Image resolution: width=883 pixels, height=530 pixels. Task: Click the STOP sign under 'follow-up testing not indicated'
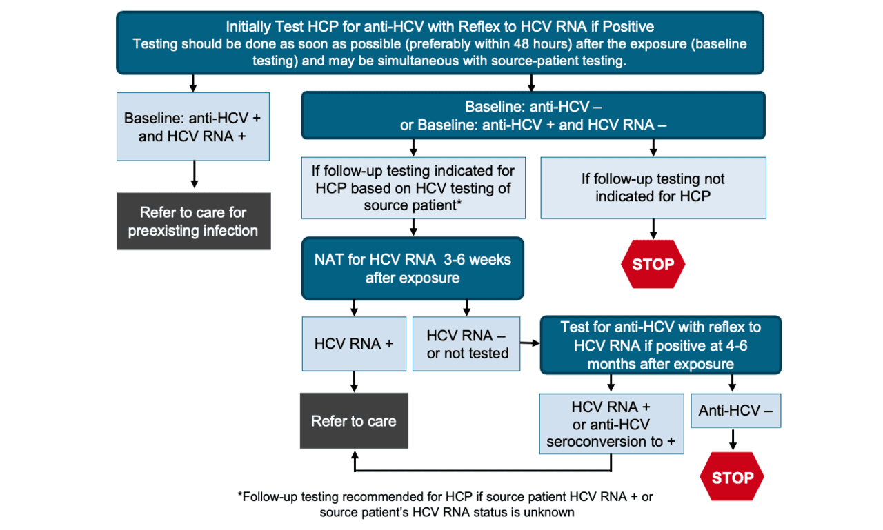tap(653, 264)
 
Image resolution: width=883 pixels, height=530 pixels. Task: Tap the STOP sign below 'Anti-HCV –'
tap(732, 477)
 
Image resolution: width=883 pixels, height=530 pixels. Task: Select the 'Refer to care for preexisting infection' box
tap(193, 221)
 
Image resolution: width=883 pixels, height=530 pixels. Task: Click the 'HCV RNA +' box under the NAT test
tap(354, 344)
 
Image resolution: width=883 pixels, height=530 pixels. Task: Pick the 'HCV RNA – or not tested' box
tap(467, 344)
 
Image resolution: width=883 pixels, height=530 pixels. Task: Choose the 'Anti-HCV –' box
tap(735, 410)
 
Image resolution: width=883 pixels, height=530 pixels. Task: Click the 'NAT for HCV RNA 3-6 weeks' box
tap(413, 268)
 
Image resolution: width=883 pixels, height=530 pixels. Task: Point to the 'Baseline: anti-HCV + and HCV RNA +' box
tap(193, 127)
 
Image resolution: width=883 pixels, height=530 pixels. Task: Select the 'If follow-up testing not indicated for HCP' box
tap(653, 187)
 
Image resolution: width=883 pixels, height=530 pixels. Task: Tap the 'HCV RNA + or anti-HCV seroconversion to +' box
tap(611, 423)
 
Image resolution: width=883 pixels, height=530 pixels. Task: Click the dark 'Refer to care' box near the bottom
tap(354, 421)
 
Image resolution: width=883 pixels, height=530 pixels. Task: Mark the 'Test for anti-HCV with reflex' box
tap(660, 345)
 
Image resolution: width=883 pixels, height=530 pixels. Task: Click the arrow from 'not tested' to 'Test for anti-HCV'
tap(530, 343)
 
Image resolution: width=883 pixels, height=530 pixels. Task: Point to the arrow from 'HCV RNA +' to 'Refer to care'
tap(354, 381)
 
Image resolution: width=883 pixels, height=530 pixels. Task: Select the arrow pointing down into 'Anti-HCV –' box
tap(732, 384)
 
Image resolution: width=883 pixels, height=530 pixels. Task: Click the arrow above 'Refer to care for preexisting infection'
tap(194, 176)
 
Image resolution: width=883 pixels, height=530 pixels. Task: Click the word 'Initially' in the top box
tap(250, 27)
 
